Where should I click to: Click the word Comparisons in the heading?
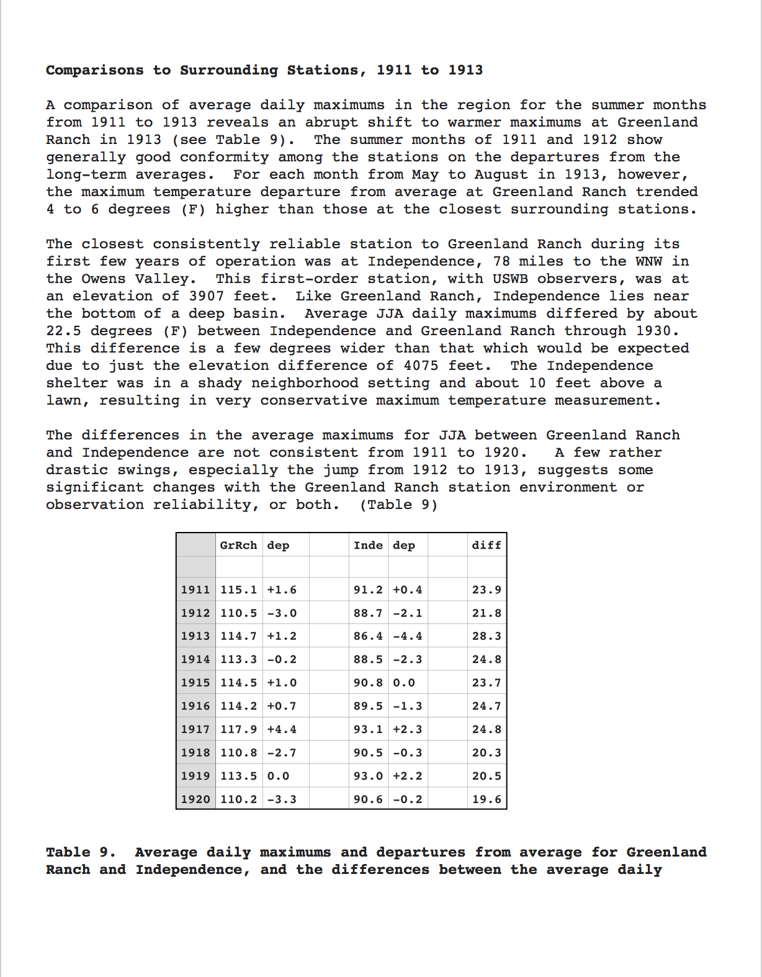pos(94,70)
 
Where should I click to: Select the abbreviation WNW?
pos(648,261)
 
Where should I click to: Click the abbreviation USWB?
pos(511,279)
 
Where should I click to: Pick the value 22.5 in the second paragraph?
pos(63,331)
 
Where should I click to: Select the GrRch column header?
pos(238,545)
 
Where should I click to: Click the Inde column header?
pos(368,545)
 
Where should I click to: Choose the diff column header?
pos(486,545)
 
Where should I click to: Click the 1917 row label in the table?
pos(195,729)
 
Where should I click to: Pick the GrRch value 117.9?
pos(238,729)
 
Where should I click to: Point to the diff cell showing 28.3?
pos(486,636)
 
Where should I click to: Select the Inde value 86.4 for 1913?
pos(368,636)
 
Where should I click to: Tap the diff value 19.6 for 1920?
pos(486,799)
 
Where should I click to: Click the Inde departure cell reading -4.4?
pos(408,636)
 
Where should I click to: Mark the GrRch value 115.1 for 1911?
pos(238,590)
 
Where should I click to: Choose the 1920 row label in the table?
pos(195,799)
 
